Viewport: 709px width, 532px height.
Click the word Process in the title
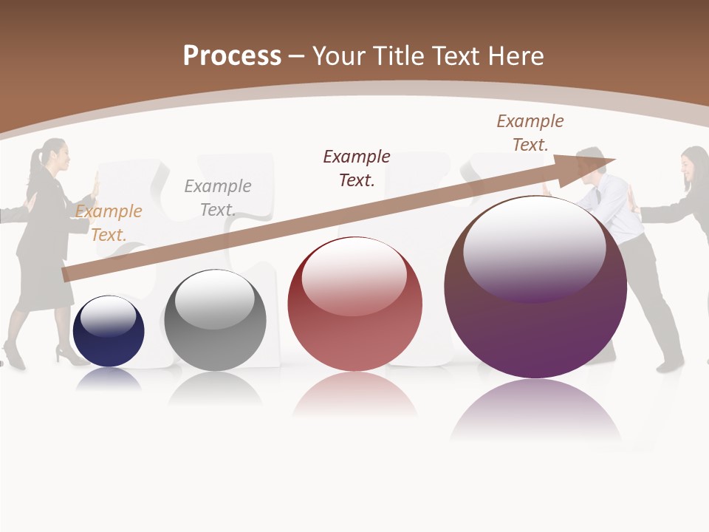click(x=232, y=56)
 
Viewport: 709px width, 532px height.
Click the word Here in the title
click(x=516, y=56)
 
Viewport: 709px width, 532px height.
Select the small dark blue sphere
click(x=109, y=331)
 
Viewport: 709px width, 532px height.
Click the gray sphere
click(x=215, y=321)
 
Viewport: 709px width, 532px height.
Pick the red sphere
click(x=354, y=304)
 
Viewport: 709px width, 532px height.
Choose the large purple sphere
click(x=535, y=288)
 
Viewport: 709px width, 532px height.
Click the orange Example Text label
click(x=109, y=223)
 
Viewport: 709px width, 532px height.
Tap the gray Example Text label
click(x=218, y=198)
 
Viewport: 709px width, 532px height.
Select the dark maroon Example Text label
click(x=357, y=168)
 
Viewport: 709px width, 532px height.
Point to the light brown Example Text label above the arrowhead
click(x=530, y=133)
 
